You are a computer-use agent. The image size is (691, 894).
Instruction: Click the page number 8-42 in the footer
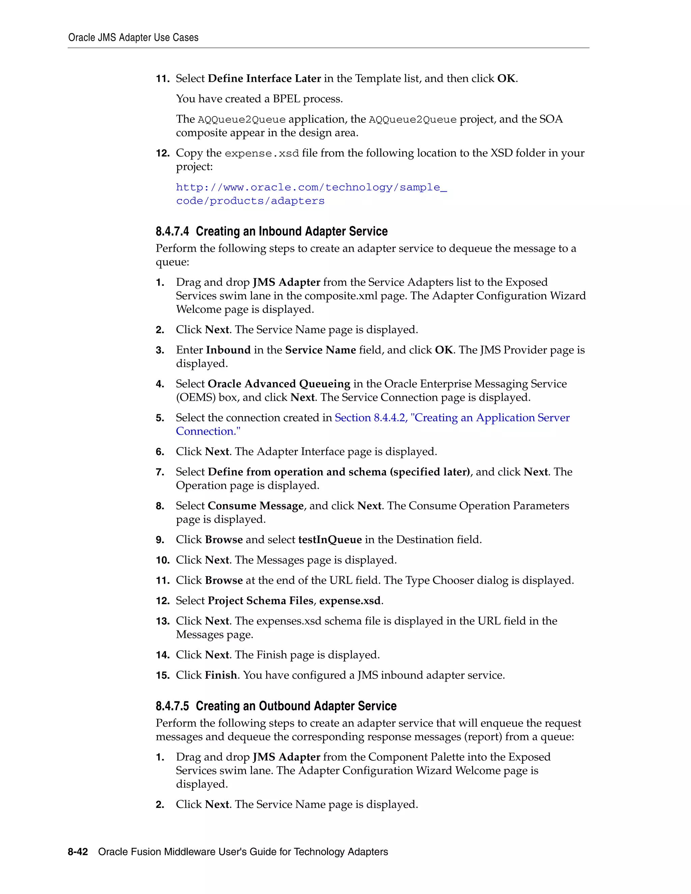[78, 852]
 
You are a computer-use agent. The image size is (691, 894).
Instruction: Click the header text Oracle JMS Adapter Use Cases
[133, 38]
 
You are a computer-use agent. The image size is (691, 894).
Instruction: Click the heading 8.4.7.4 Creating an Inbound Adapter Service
[271, 232]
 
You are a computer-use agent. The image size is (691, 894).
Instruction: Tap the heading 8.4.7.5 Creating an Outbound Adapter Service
[276, 706]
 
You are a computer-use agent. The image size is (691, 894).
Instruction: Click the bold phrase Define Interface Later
[264, 79]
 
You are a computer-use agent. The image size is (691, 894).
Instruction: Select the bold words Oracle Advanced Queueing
[279, 384]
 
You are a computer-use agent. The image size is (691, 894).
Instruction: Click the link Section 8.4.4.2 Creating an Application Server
[452, 418]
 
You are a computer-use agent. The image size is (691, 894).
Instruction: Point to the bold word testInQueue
[330, 540]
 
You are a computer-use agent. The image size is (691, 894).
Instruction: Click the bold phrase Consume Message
[255, 506]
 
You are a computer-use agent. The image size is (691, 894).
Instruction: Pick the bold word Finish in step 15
[221, 675]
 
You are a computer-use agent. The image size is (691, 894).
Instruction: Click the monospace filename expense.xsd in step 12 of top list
[261, 153]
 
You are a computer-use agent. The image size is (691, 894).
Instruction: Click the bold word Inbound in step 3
[228, 350]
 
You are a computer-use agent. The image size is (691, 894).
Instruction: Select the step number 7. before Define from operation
[160, 472]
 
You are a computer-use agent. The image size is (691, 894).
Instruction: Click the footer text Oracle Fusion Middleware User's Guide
[243, 852]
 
